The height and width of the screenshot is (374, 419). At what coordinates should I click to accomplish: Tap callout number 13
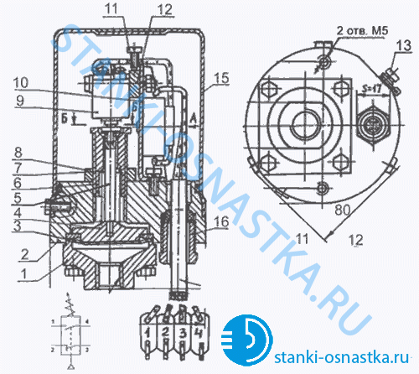coord(402,44)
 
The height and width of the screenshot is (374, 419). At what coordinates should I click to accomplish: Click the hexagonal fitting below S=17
coord(370,124)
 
